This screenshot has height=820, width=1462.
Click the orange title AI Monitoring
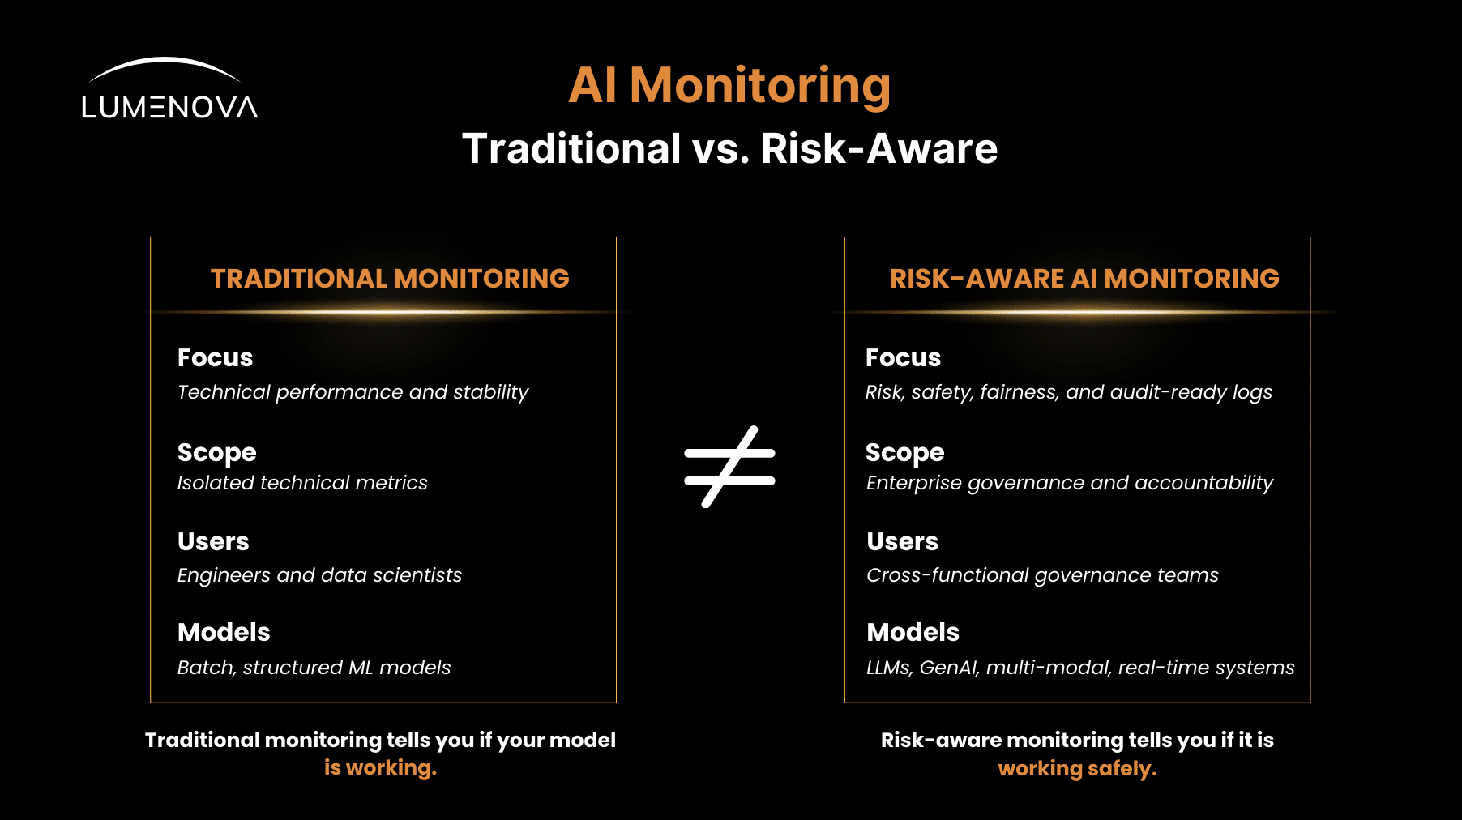pyautogui.click(x=729, y=86)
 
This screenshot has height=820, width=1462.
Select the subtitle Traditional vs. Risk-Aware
pyautogui.click(x=729, y=149)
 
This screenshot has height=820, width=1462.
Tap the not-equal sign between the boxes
pyautogui.click(x=729, y=467)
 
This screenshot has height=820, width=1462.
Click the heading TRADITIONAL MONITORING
pyautogui.click(x=390, y=279)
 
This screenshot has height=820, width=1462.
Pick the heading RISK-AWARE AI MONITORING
pyautogui.click(x=1084, y=279)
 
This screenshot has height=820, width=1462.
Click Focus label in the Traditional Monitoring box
pyautogui.click(x=216, y=357)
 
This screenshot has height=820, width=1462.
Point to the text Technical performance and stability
pyautogui.click(x=353, y=392)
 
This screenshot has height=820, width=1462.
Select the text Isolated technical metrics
pyautogui.click(x=302, y=483)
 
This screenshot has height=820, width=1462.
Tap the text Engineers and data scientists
pyautogui.click(x=319, y=575)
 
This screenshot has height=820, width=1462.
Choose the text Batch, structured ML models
pyautogui.click(x=314, y=668)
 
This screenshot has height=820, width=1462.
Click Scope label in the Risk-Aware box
pyautogui.click(x=905, y=453)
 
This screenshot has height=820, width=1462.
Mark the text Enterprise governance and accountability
pyautogui.click(x=1070, y=483)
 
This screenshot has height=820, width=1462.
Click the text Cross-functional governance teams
pyautogui.click(x=1042, y=575)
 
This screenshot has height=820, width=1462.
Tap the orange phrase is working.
pyautogui.click(x=380, y=768)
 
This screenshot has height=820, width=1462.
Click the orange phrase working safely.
pyautogui.click(x=1077, y=768)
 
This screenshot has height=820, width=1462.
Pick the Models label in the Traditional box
pyautogui.click(x=224, y=632)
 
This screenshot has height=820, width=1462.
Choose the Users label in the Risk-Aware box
pyautogui.click(x=902, y=541)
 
